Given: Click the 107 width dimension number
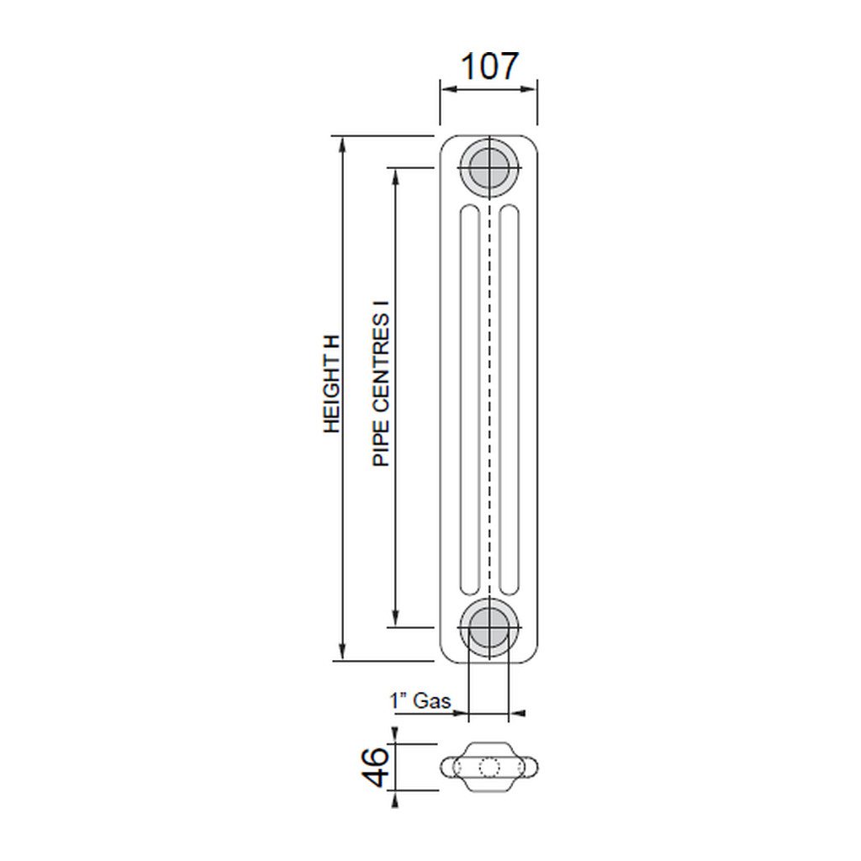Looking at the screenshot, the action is [489, 66].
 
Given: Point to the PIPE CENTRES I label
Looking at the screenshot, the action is [381, 390].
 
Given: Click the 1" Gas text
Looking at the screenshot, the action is [420, 700].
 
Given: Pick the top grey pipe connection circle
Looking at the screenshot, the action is [489, 166].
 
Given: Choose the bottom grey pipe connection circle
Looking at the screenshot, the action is [489, 627].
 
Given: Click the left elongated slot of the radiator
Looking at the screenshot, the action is [469, 400].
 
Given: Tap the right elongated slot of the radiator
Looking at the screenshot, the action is [509, 400].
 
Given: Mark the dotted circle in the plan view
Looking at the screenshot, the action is [489, 767].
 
